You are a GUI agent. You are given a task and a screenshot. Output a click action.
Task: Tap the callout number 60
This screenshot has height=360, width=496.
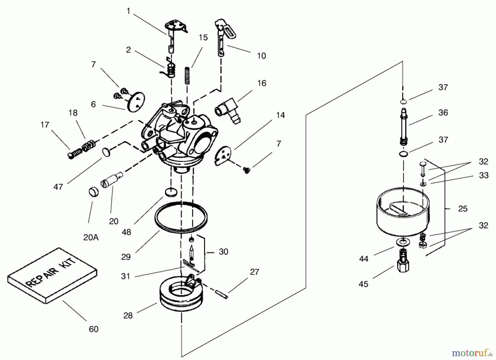coord(94,329)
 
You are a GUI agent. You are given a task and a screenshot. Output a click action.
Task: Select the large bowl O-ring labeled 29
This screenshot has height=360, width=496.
coord(181,218)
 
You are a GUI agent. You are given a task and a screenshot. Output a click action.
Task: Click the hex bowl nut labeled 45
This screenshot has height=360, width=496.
coord(403,262)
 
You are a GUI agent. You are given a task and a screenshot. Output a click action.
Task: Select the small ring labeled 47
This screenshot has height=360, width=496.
coord(106,152)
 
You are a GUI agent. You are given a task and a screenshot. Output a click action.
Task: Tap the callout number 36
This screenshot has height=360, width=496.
coord(443,112)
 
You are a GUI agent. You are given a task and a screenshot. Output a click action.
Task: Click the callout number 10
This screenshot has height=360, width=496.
coord(261,56)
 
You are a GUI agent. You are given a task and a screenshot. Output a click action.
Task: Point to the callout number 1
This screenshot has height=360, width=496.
coord(128,11)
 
